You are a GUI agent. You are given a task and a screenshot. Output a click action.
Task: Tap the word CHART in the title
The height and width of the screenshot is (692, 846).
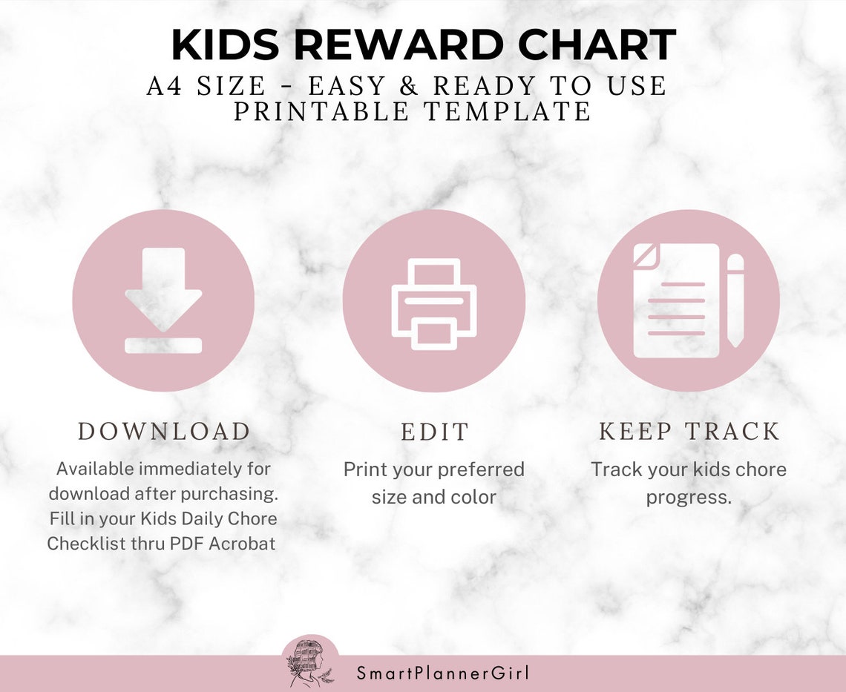pos(597,46)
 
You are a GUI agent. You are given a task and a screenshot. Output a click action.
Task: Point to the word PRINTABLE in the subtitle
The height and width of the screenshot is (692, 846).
pos(321,111)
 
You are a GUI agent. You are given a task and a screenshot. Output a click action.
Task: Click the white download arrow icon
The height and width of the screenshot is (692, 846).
pos(163,289)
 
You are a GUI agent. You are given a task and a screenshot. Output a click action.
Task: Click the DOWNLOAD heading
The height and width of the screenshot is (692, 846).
pos(164,432)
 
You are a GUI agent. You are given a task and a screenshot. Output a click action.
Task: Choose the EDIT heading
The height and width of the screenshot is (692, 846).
pos(435,432)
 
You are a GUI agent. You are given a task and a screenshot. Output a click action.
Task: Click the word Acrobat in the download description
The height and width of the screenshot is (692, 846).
pos(242,543)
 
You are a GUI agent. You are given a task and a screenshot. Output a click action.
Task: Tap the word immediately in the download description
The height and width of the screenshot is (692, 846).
pos(189,469)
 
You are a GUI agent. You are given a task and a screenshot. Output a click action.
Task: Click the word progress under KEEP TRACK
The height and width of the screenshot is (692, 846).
pos(689,496)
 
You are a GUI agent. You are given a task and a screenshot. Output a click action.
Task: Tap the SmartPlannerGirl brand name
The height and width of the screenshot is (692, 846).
pos(442,673)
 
